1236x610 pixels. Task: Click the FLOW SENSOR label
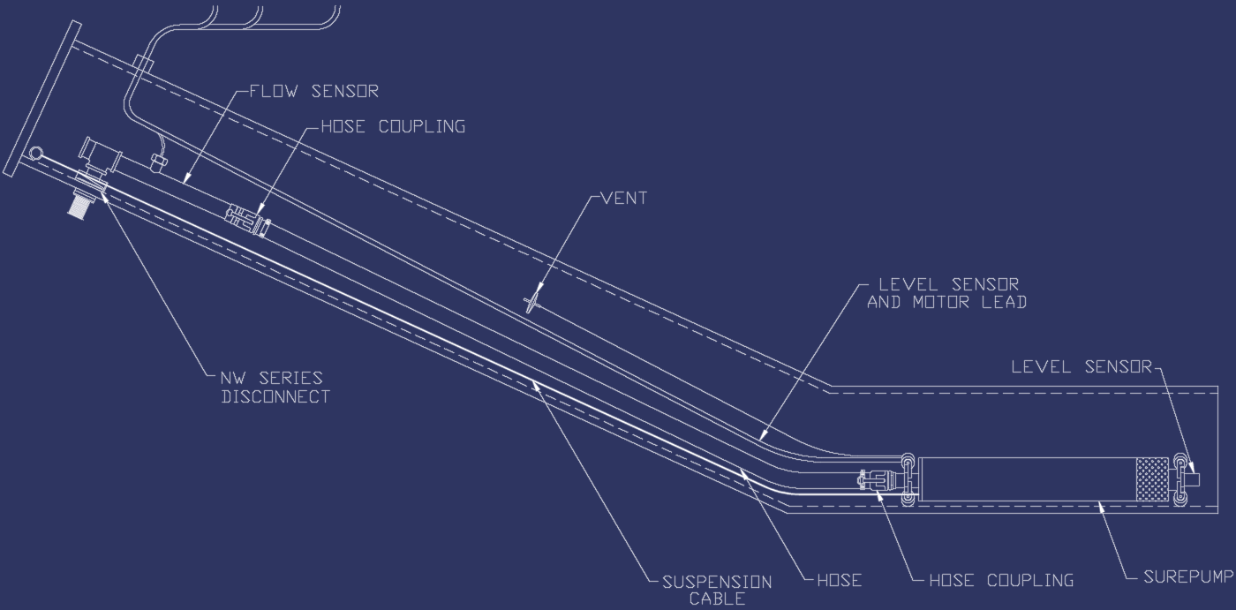click(x=313, y=91)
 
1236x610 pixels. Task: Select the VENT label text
click(x=623, y=199)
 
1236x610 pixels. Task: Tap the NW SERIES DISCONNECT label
click(x=275, y=388)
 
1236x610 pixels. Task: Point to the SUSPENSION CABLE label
click(x=716, y=590)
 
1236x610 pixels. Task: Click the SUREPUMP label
click(x=1187, y=577)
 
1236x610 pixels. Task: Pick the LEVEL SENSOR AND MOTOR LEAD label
click(x=946, y=293)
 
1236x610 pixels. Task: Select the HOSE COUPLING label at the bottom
click(x=1001, y=580)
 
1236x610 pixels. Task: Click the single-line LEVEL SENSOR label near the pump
click(x=1081, y=366)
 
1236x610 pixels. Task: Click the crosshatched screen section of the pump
click(x=1151, y=479)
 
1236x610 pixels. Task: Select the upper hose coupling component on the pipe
click(x=248, y=219)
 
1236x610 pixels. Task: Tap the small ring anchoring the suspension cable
click(x=34, y=154)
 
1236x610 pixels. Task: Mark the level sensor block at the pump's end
click(x=1193, y=479)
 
